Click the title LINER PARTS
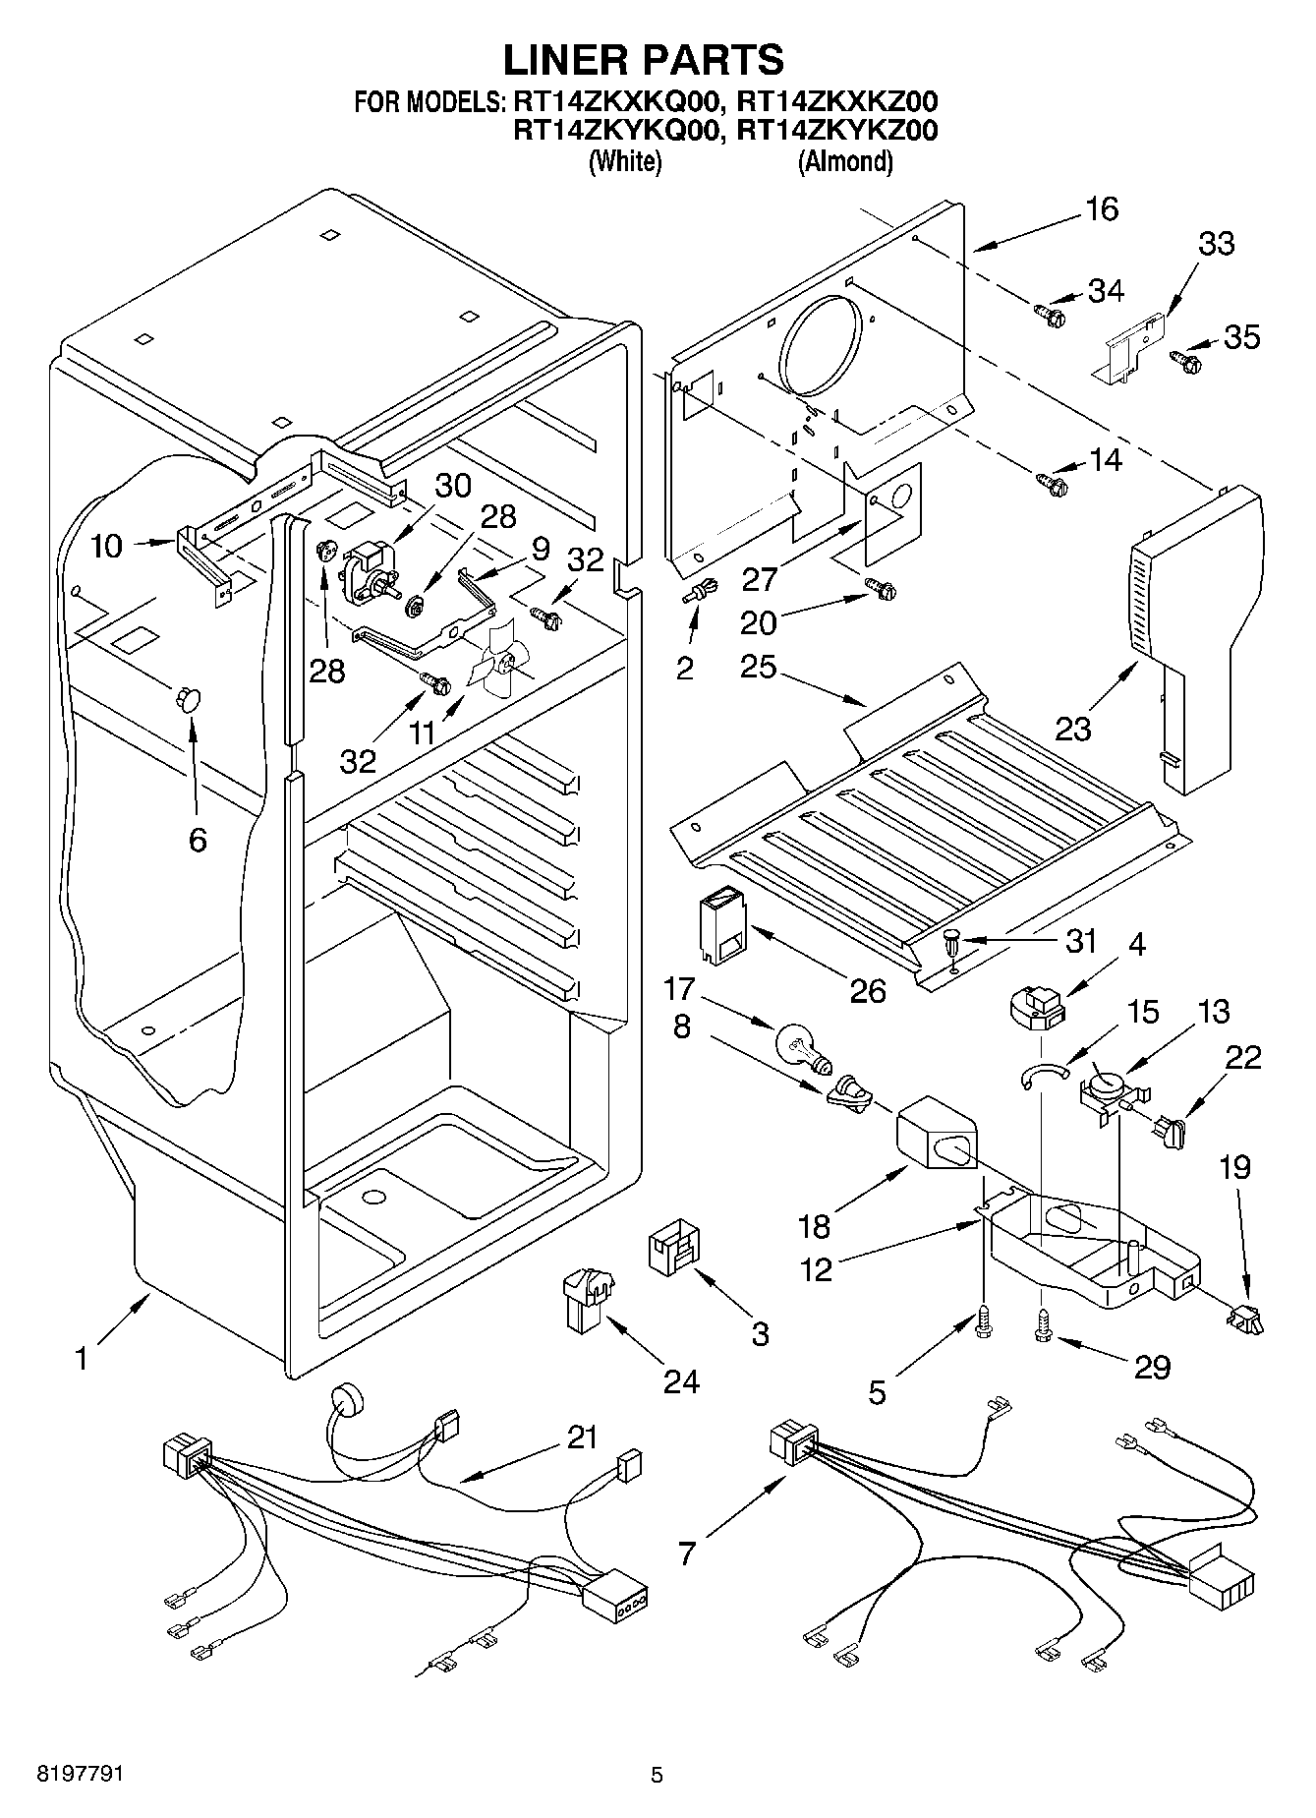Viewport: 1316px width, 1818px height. coord(644,60)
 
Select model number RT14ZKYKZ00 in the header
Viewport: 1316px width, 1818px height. coord(836,131)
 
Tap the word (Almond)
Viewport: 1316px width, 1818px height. coord(846,161)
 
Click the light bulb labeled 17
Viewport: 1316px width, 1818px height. coord(805,1046)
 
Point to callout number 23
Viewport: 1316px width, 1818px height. coord(1073,729)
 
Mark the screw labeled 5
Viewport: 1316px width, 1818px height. coord(984,1322)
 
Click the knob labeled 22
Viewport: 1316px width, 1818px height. coord(1170,1130)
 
